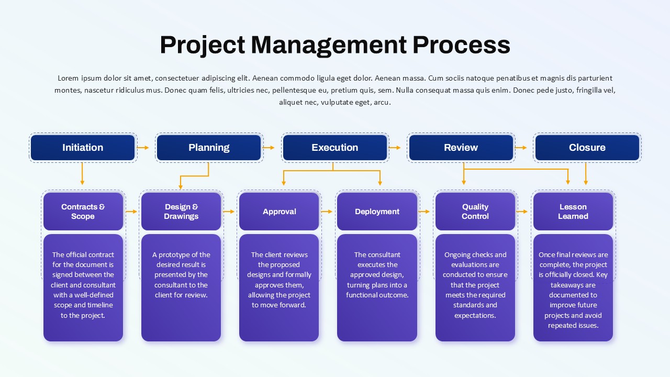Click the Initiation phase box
pyautogui.click(x=83, y=148)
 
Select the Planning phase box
pyautogui.click(x=209, y=148)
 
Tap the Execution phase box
pyautogui.click(x=335, y=148)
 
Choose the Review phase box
pyautogui.click(x=461, y=148)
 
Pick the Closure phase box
pyautogui.click(x=587, y=148)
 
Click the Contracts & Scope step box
pyautogui.click(x=83, y=212)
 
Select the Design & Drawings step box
pyautogui.click(x=181, y=212)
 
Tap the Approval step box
pyautogui.click(x=279, y=212)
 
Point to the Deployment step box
pyautogui.click(x=377, y=212)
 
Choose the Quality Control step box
pyautogui.click(x=475, y=212)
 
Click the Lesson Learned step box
pyautogui.click(x=573, y=212)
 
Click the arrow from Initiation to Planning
pyautogui.click(x=143, y=148)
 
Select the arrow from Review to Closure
pyautogui.click(x=521, y=148)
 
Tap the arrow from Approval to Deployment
pyautogui.click(x=327, y=212)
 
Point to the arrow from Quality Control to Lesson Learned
pyautogui.click(x=522, y=212)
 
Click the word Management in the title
pyautogui.click(x=329, y=45)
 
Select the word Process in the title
pyautogui.click(x=462, y=45)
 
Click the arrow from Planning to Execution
pyautogui.click(x=269, y=148)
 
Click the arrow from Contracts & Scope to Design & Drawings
pyautogui.click(x=131, y=212)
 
